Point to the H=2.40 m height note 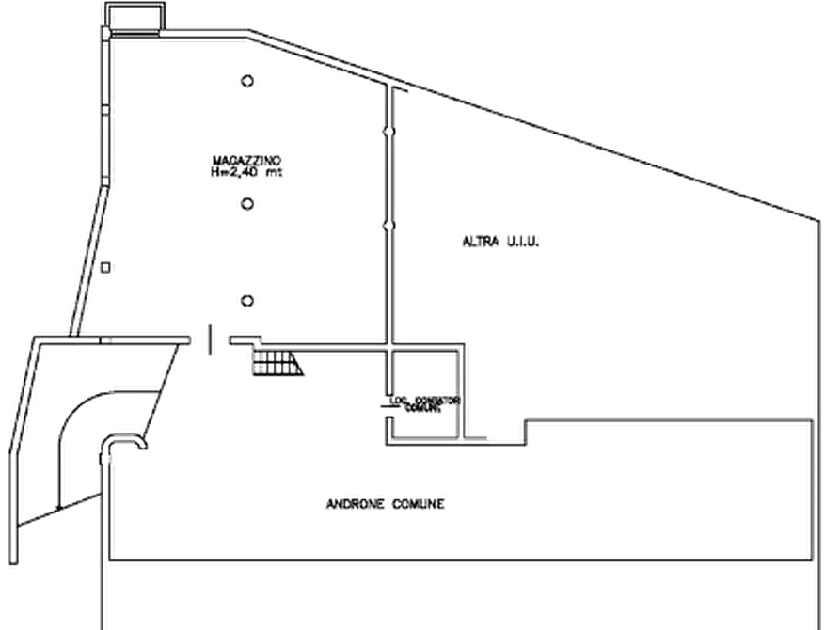247,173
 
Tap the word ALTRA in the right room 477,242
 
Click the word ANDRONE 354,504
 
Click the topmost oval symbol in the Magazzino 247,82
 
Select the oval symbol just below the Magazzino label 247,203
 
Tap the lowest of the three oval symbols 247,300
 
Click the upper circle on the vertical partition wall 388,132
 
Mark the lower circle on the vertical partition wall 388,226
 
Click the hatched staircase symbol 277,362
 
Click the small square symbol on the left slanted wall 107,272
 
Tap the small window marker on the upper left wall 105,108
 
